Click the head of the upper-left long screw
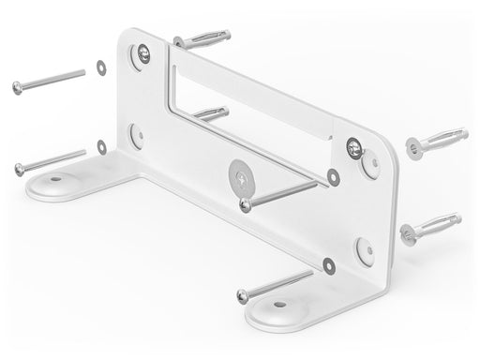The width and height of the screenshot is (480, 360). [x=18, y=87]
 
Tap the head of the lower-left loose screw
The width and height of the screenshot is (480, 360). [x=20, y=169]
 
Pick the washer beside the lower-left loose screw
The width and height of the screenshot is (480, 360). [x=101, y=145]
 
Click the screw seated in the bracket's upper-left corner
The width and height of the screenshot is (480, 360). [x=142, y=54]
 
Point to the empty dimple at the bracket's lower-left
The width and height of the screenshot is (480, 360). [x=137, y=134]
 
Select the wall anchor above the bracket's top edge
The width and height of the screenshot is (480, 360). [x=202, y=41]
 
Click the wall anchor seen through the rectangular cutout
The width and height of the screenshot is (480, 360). [x=212, y=113]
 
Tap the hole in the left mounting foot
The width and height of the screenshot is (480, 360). [x=54, y=177]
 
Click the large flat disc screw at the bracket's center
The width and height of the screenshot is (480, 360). [x=241, y=174]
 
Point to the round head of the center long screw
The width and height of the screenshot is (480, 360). [x=245, y=204]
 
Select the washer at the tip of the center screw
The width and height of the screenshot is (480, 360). [x=333, y=176]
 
